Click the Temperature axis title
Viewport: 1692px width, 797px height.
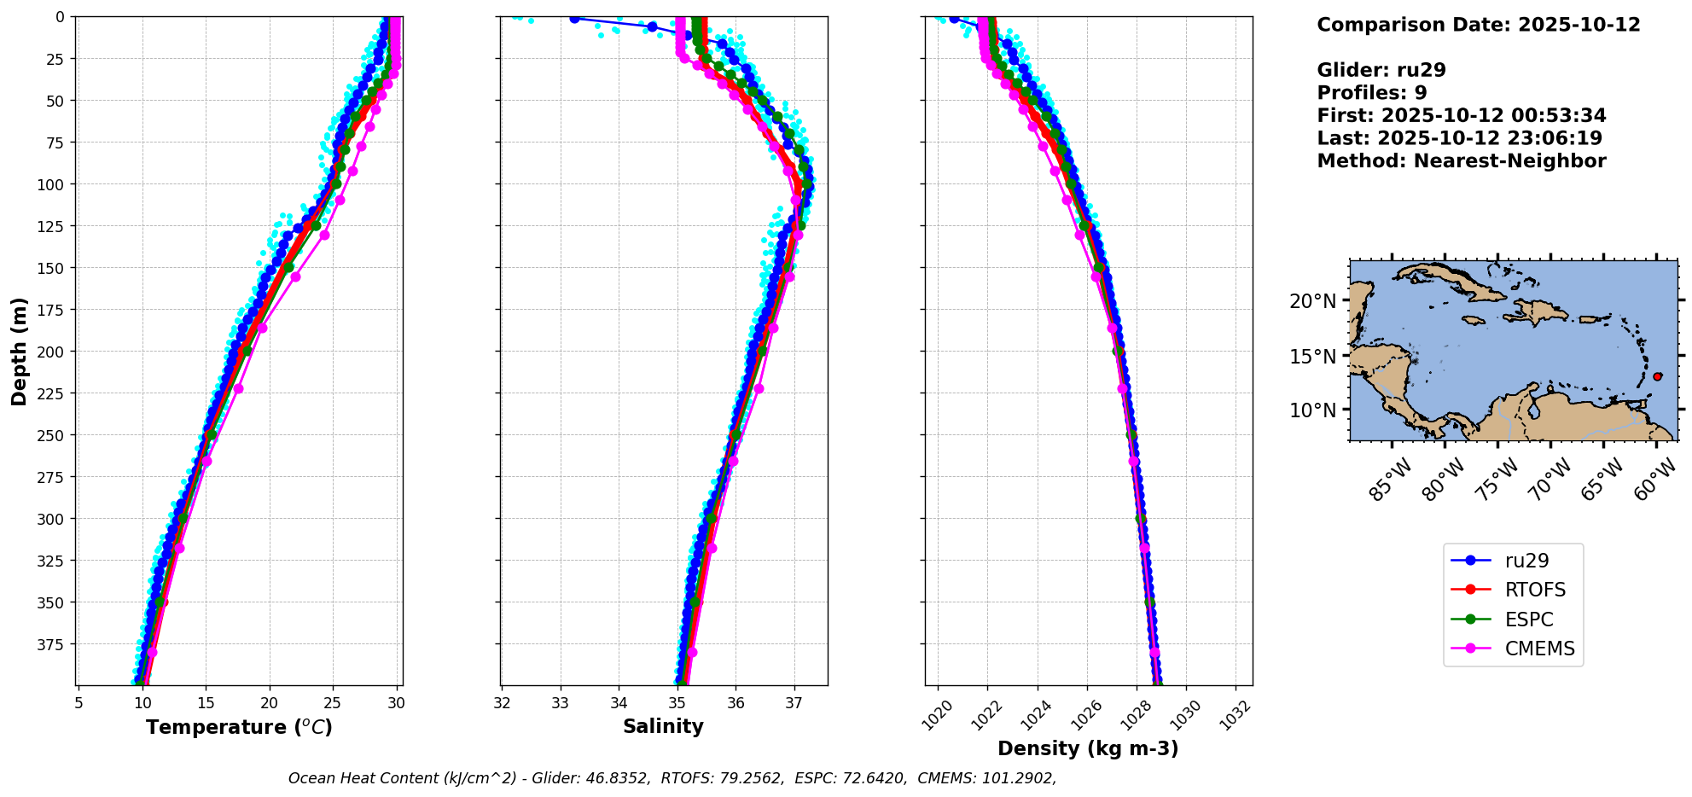click(x=239, y=727)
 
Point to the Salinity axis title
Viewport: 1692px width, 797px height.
click(x=663, y=726)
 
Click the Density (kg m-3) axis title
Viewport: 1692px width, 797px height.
click(x=1088, y=748)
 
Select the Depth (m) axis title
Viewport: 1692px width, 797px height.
click(x=20, y=351)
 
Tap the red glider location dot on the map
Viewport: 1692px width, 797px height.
click(x=1657, y=376)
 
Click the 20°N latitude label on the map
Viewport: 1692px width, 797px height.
click(x=1312, y=301)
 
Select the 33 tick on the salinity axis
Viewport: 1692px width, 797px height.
click(x=560, y=704)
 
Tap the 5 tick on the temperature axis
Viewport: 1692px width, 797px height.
click(x=78, y=704)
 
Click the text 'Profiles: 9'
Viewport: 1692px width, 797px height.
click(x=1372, y=93)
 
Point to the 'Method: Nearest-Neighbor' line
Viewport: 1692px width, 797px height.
click(x=1462, y=161)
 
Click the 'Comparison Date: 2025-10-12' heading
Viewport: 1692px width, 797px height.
click(x=1479, y=25)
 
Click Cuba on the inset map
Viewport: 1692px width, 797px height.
click(x=1451, y=281)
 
